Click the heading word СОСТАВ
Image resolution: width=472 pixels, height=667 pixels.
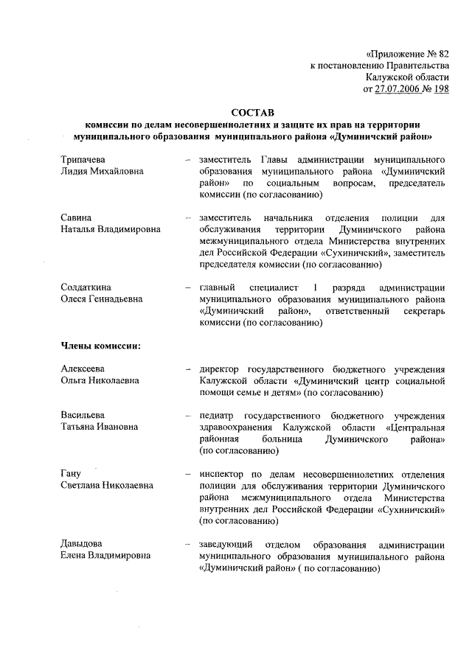pos(251,113)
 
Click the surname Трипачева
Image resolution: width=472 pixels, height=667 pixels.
pos(82,159)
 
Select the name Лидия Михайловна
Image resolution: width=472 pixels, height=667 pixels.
pos(102,171)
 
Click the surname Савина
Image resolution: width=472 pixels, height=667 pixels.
pos(74,218)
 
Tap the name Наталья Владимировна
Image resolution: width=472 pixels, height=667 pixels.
pos(110,230)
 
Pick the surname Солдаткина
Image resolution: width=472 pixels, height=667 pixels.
pos(86,287)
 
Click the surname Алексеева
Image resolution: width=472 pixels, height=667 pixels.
pos(82,369)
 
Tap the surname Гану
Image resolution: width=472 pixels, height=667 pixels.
pos(70,473)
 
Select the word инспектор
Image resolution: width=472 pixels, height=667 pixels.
pos(223,473)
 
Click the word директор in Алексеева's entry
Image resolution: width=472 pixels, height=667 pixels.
pos(221,369)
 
